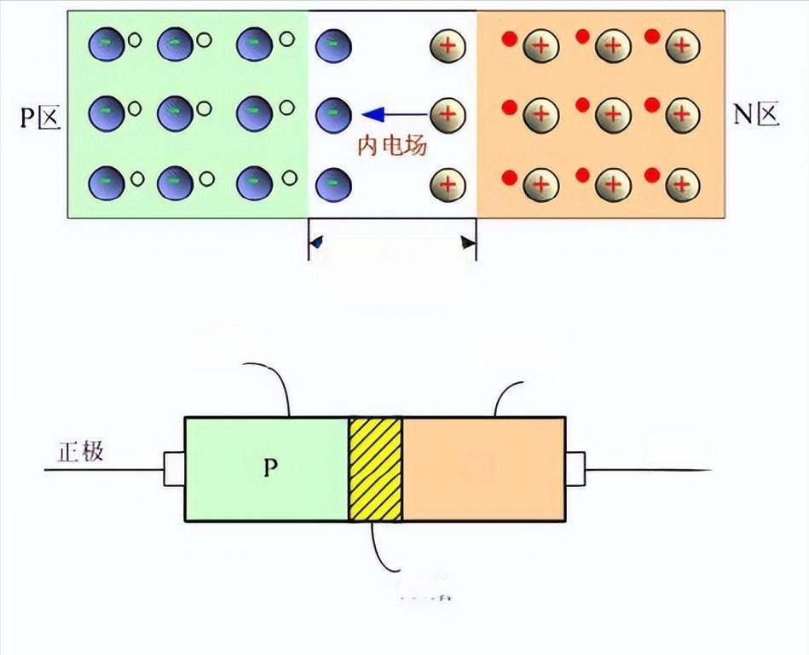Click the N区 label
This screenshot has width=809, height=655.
click(756, 114)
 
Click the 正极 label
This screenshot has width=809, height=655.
click(81, 451)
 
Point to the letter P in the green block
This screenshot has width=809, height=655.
click(269, 468)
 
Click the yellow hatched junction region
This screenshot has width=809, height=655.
click(375, 468)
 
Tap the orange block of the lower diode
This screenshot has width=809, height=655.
click(483, 468)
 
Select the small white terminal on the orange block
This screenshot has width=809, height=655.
click(575, 467)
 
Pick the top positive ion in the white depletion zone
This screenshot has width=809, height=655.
click(447, 44)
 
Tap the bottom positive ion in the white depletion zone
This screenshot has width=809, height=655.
click(447, 184)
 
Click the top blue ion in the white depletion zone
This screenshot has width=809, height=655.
click(333, 44)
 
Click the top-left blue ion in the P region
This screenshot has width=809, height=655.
click(106, 43)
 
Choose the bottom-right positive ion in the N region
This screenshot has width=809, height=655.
click(682, 183)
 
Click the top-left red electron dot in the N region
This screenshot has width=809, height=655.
click(511, 38)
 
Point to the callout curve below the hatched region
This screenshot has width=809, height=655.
click(380, 551)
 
